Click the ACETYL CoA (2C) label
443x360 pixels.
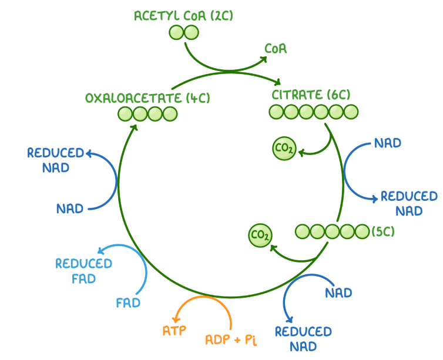point(183,16)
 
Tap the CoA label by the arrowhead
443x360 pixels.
point(276,49)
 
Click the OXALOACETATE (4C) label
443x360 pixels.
point(147,98)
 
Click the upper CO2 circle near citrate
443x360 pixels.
point(284,149)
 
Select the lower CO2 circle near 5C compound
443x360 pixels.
point(260,235)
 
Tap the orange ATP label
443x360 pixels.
point(174,331)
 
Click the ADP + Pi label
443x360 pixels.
point(231,339)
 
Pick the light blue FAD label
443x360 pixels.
point(127,304)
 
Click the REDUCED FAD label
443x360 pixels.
point(83,270)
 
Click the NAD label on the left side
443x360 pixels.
point(70,208)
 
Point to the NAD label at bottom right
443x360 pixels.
point(338,292)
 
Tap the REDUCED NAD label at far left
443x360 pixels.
point(56,160)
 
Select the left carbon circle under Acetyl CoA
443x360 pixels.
point(177,33)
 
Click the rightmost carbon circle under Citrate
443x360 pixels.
point(351,111)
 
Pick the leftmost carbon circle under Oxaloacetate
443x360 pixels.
point(125,114)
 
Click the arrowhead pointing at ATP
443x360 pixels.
point(174,317)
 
